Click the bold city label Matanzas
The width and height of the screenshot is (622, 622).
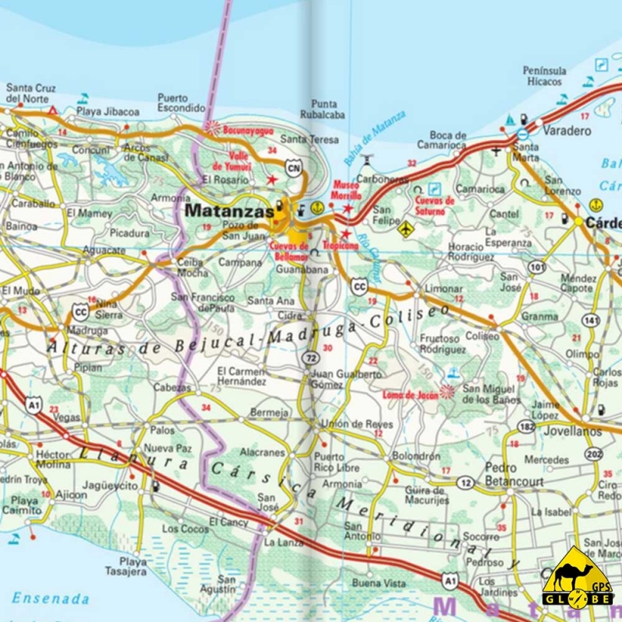229,211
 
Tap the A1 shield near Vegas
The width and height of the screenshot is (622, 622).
32,404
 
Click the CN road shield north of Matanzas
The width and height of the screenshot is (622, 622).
292,167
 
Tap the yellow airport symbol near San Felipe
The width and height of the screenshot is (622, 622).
405,229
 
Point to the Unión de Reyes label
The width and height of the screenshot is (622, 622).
347,424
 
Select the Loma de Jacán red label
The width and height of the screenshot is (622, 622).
410,394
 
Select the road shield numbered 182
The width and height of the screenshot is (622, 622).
527,427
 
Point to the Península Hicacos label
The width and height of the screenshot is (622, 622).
543,75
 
